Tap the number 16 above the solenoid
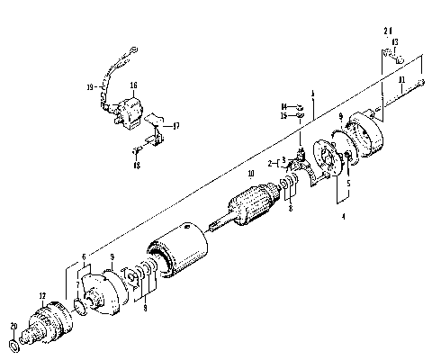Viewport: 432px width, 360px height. pyautogui.click(x=132, y=86)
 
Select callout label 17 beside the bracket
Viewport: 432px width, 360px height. pyautogui.click(x=175, y=125)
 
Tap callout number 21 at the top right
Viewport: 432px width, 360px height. pyautogui.click(x=387, y=31)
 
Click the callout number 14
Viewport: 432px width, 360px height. pyautogui.click(x=282, y=105)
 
